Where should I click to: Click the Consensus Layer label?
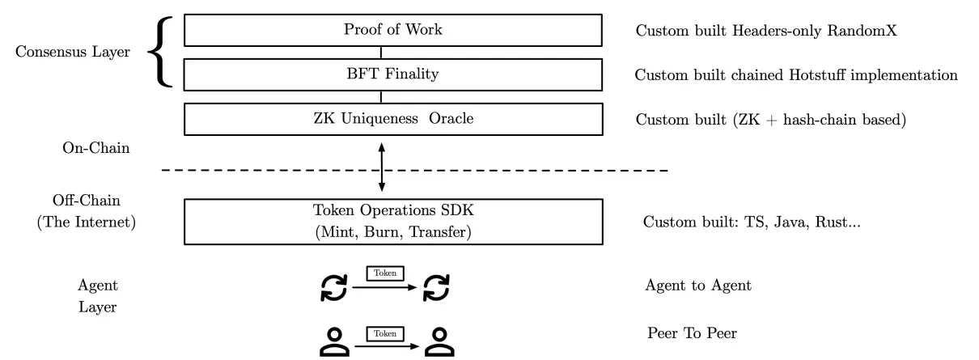[73, 52]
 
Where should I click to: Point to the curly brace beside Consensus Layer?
[160, 52]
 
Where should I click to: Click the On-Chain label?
[96, 148]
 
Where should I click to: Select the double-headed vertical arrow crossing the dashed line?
[382, 167]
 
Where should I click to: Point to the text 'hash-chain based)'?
[845, 120]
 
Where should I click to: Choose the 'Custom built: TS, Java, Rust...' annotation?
[752, 222]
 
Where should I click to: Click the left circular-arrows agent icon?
[334, 288]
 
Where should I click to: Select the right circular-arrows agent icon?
[436, 288]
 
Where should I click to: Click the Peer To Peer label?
[692, 333]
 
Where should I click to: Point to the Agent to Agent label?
[698, 286]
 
